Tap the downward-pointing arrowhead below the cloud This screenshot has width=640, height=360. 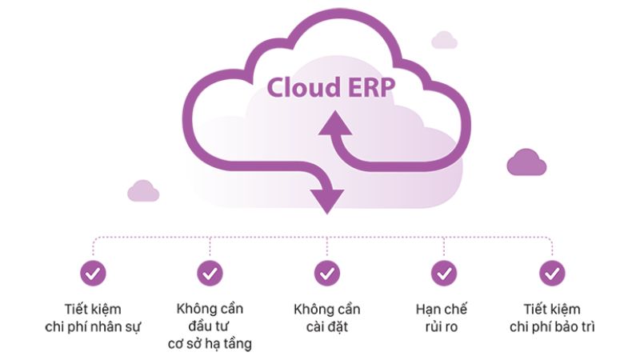(327, 199)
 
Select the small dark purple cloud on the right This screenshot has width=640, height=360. (526, 162)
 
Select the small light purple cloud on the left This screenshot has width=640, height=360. (143, 190)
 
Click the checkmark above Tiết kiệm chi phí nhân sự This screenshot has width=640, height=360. (93, 274)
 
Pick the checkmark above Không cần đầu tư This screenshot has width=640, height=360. (210, 274)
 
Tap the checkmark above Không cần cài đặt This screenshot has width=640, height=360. (326, 274)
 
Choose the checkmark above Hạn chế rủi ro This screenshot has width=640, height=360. (443, 274)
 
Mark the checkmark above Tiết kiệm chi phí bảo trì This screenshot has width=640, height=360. (552, 274)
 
